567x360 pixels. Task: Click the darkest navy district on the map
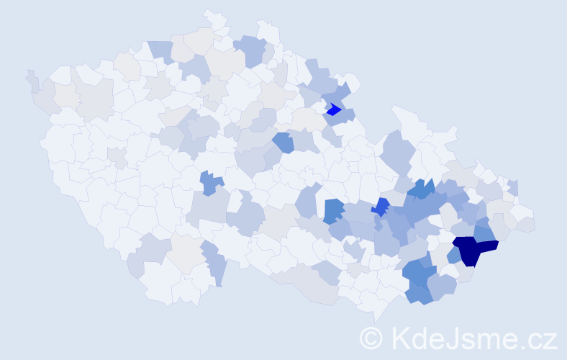471,250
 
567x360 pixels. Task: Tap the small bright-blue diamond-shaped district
333,110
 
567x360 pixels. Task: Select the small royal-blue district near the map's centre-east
381,207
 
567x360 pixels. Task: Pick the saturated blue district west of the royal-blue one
333,210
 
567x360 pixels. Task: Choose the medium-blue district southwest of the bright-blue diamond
283,142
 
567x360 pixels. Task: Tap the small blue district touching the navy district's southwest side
454,256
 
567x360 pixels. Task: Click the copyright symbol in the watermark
371,338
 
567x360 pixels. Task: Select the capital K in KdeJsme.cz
400,338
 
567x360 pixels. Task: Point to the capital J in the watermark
451,338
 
